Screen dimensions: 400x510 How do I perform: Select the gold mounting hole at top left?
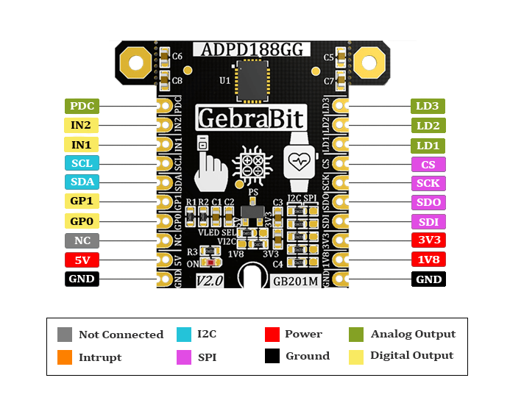coord(134,63)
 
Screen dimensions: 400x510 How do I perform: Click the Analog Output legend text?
coord(413,334)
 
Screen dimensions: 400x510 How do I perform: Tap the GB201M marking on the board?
coord(296,281)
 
